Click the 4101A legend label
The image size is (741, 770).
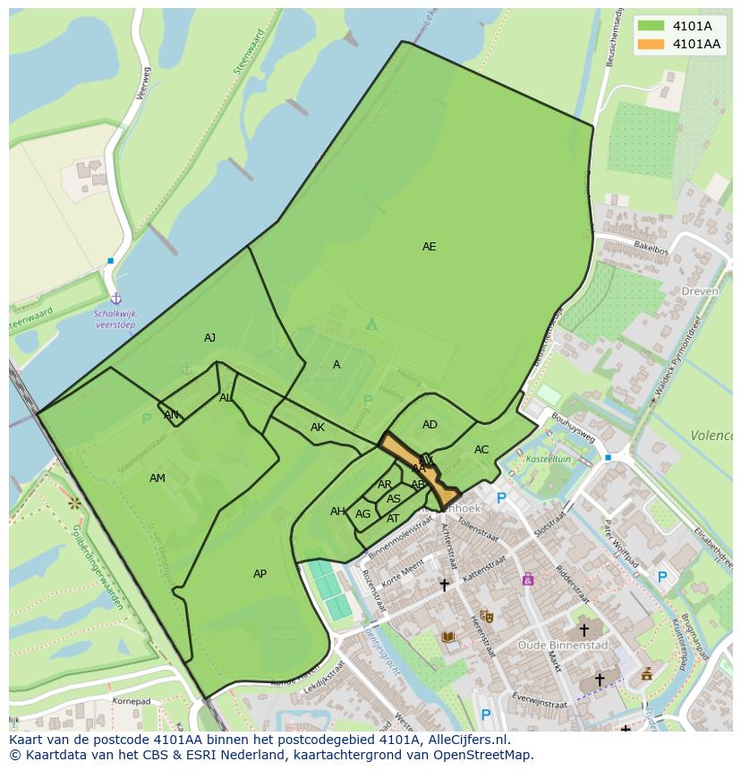[692, 26]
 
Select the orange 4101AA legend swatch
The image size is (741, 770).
[651, 44]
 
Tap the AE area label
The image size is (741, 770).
[430, 247]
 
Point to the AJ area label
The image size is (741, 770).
[209, 338]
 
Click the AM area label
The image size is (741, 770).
[158, 478]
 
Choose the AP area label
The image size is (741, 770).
[260, 574]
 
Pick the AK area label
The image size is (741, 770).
[318, 427]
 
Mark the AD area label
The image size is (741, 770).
[430, 425]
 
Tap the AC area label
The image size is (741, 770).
[481, 450]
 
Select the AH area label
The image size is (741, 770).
[337, 512]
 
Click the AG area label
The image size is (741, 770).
[362, 514]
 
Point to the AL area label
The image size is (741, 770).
[226, 398]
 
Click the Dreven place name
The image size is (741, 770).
[700, 292]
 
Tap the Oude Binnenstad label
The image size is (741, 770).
[563, 645]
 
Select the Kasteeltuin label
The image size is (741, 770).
[547, 459]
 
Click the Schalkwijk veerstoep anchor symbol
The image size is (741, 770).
[115, 299]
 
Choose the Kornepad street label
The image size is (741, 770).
[132, 701]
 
